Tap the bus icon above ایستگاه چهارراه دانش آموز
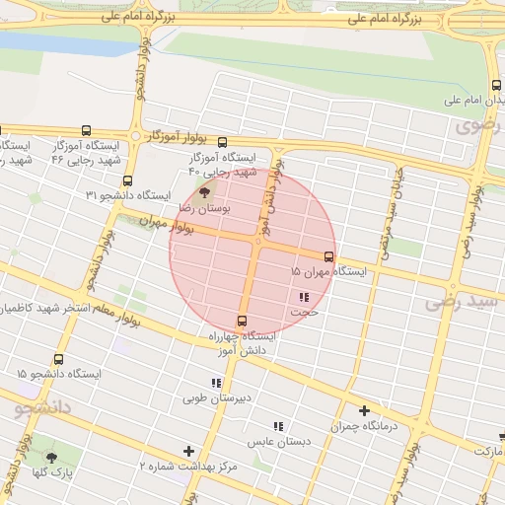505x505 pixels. [x=242, y=321]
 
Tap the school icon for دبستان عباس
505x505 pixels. [x=278, y=426]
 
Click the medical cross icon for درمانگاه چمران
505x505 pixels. [x=364, y=410]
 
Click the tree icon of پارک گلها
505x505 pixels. [x=51, y=457]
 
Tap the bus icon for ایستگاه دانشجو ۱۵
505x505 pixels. [x=58, y=361]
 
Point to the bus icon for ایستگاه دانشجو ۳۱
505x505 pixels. [x=126, y=180]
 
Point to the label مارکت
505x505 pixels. [x=482, y=451]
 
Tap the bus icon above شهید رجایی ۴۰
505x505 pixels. [x=222, y=143]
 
